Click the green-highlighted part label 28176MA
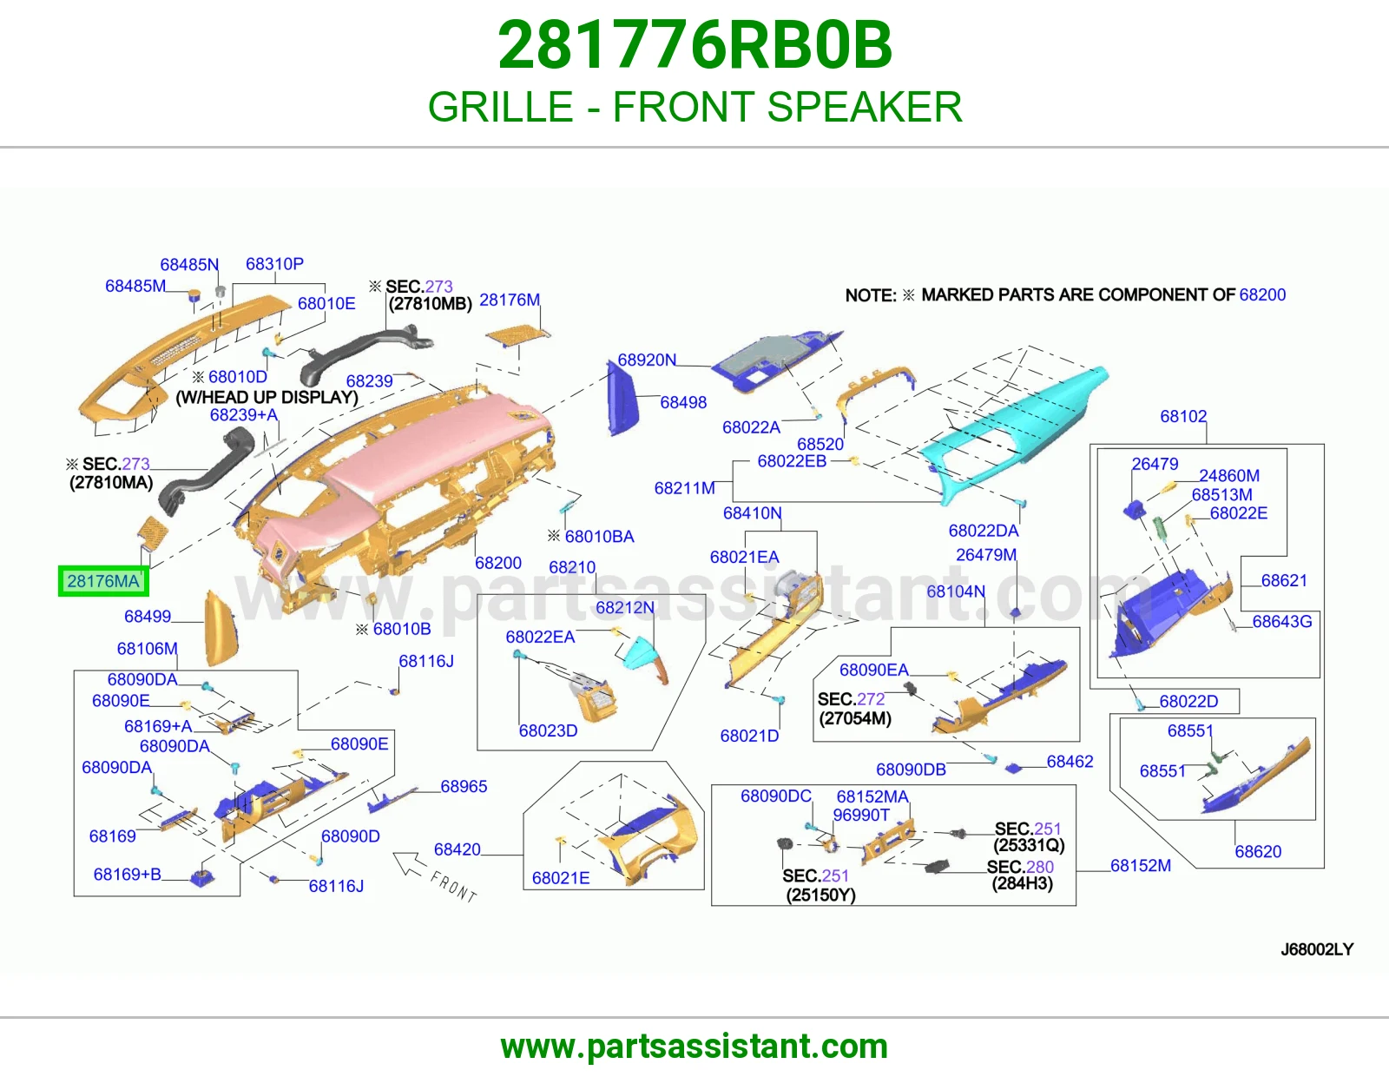tap(103, 581)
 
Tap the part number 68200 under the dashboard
tap(498, 563)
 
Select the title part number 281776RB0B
tap(694, 45)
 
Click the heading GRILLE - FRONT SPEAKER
tap(694, 107)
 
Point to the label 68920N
tap(646, 360)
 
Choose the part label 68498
tap(683, 402)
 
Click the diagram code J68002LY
tap(1317, 949)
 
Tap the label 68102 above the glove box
tap(1183, 416)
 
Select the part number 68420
tap(457, 849)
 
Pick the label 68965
tap(464, 786)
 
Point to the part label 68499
tap(148, 616)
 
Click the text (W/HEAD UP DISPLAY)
tap(267, 397)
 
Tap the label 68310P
tap(275, 263)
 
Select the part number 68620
tap(1258, 851)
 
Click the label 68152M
tap(1141, 865)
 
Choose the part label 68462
tap(1070, 761)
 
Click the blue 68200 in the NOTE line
tap(1262, 294)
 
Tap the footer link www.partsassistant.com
tap(694, 1047)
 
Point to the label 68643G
tap(1281, 621)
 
